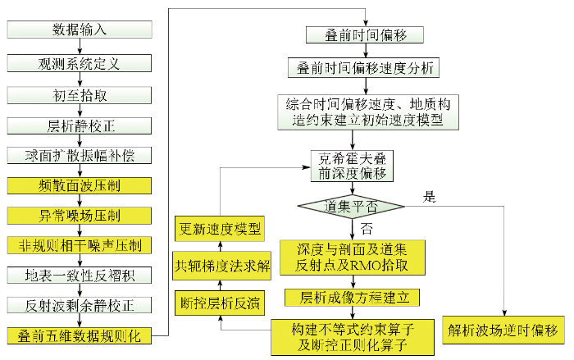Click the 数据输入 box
click(80, 30)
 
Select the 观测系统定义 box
click(80, 63)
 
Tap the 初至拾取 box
click(80, 95)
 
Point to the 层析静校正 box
click(80, 126)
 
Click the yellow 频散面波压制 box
click(80, 185)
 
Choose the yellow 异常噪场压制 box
click(80, 216)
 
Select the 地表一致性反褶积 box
click(80, 275)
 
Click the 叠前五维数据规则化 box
click(80, 335)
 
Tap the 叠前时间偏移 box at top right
click(365, 34)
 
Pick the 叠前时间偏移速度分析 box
click(363, 68)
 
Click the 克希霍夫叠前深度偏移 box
click(352, 166)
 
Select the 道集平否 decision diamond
click(352, 207)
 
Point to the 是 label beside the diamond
click(430, 197)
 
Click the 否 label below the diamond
click(367, 229)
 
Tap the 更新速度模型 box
click(220, 229)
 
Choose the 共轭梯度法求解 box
click(222, 266)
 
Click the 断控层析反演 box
click(220, 303)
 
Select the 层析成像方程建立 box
click(352, 298)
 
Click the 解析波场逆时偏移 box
click(503, 330)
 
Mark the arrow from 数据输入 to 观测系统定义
click(80, 46)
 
